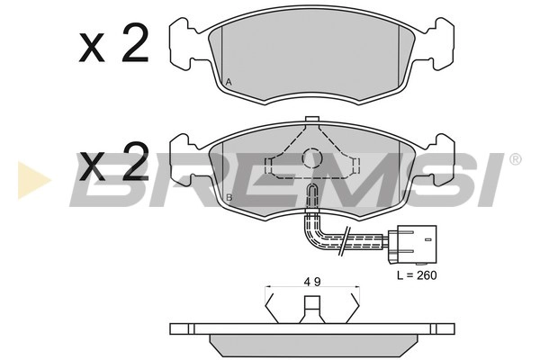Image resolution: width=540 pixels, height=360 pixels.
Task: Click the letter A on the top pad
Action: pos(229,82)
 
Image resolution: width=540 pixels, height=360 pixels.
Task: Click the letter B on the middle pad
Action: pos(229,197)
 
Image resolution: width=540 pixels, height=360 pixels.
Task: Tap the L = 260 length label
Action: pos(417,275)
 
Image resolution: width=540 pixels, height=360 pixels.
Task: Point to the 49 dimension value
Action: pos(312,282)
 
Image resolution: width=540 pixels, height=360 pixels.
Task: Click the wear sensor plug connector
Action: pos(412,245)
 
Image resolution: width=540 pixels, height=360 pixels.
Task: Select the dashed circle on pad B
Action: pos(311,158)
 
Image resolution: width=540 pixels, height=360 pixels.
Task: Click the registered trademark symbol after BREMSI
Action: pos(515,159)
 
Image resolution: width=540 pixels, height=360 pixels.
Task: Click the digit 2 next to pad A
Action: pos(135,42)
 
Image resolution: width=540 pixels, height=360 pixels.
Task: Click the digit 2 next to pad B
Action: pos(136,161)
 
